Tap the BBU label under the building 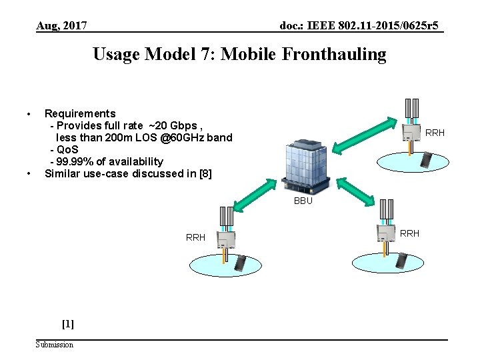[x=303, y=201]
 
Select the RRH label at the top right [x=435, y=133]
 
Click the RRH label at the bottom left [x=195, y=237]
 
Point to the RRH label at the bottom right [x=409, y=233]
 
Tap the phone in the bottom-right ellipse [x=401, y=261]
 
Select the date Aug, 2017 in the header [x=61, y=26]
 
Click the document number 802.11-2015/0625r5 [x=385, y=26]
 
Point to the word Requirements [x=80, y=113]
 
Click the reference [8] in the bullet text [x=205, y=173]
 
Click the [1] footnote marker [x=67, y=324]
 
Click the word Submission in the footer [x=55, y=344]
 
